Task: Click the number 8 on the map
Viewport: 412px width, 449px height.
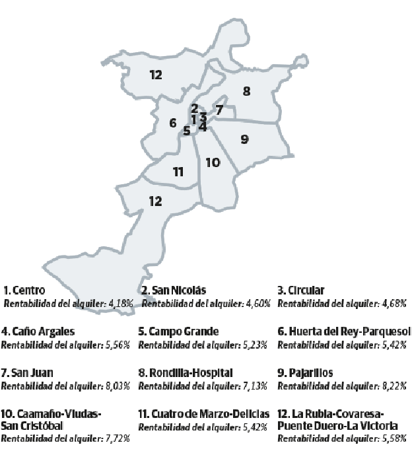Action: pyautogui.click(x=247, y=91)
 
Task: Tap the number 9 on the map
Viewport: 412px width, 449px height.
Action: pyautogui.click(x=244, y=139)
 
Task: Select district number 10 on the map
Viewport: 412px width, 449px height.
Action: pyautogui.click(x=213, y=162)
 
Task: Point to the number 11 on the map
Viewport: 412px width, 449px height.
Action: pyautogui.click(x=178, y=172)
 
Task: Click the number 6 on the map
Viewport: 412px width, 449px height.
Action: pyautogui.click(x=172, y=123)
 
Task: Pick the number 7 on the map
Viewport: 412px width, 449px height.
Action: pyautogui.click(x=220, y=110)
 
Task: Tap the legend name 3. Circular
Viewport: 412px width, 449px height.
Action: pyautogui.click(x=300, y=290)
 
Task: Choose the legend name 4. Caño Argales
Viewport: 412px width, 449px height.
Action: pyautogui.click(x=38, y=331)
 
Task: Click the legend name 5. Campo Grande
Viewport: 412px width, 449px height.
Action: pyautogui.click(x=178, y=331)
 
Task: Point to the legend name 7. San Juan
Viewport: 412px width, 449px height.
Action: pyautogui.click(x=28, y=373)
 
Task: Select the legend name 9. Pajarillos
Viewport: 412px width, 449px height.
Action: pyautogui.click(x=305, y=373)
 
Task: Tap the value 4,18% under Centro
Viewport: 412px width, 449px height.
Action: pyautogui.click(x=121, y=303)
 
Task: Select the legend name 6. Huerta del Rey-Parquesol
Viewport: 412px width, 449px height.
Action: pyautogui.click(x=344, y=331)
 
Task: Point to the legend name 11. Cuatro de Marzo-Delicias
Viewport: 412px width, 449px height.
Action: pyautogui.click(x=204, y=414)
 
